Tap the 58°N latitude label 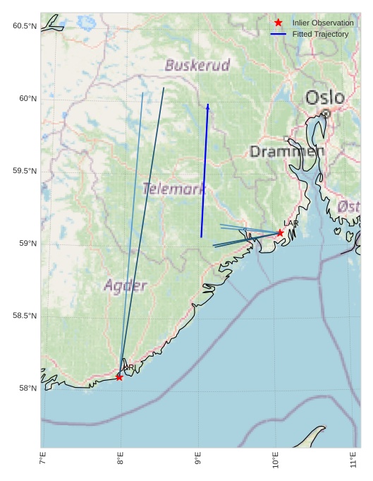click(26, 388)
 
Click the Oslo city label click(324, 97)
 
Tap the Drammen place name click(287, 151)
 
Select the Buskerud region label click(197, 66)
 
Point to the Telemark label click(174, 189)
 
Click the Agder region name click(126, 286)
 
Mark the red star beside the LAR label click(280, 232)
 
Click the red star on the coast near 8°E click(119, 377)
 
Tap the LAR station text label click(291, 223)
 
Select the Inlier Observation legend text click(323, 23)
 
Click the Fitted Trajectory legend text click(320, 34)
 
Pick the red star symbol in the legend click(279, 23)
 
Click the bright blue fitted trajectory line click(204, 170)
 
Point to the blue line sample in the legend click(279, 34)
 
